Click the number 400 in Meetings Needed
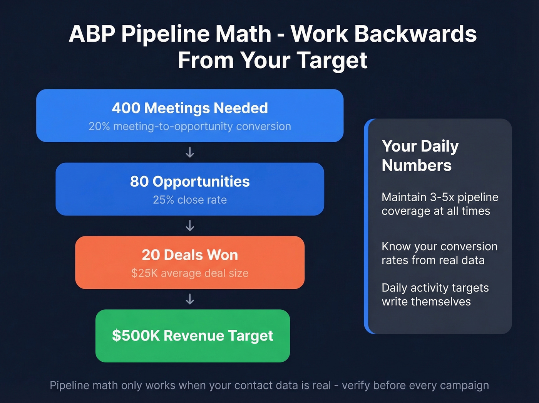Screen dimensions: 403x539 point(126,108)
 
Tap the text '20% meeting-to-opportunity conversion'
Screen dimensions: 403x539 point(190,126)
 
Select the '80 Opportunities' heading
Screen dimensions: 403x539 point(190,182)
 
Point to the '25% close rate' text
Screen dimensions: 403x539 point(190,200)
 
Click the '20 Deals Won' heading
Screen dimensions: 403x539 point(190,255)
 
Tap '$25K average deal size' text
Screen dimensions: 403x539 point(190,273)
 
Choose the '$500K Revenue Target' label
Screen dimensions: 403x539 point(192,336)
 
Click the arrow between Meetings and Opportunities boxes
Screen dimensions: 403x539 point(190,152)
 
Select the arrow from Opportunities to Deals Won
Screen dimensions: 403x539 point(190,226)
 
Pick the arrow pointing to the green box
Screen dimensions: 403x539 point(190,299)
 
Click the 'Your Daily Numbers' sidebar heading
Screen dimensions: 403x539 point(420,155)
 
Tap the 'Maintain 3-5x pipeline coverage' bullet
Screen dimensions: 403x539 point(440,204)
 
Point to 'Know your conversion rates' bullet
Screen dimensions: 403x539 point(439,253)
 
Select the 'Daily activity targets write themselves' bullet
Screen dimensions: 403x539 point(435,295)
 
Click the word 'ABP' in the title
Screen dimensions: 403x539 point(92,34)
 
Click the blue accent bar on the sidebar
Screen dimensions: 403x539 point(366,226)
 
